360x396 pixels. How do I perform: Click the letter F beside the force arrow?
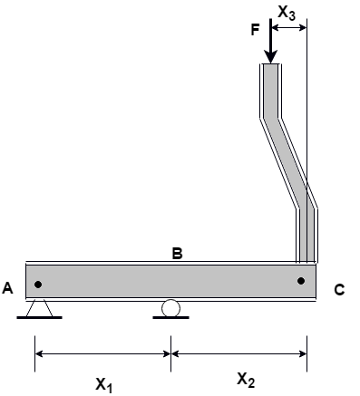pos(256,30)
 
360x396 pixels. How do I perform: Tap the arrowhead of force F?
pos(270,57)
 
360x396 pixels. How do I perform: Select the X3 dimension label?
pos(287,14)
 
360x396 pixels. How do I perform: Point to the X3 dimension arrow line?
pos(289,28)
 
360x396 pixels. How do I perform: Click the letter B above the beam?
pos(177,254)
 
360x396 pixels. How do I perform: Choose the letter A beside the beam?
pos(7,288)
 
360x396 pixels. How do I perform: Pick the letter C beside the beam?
pos(339,290)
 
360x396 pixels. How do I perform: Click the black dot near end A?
pos(38,285)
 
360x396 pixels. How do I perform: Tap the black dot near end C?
pos(301,281)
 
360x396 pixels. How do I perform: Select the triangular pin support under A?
pos(40,308)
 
